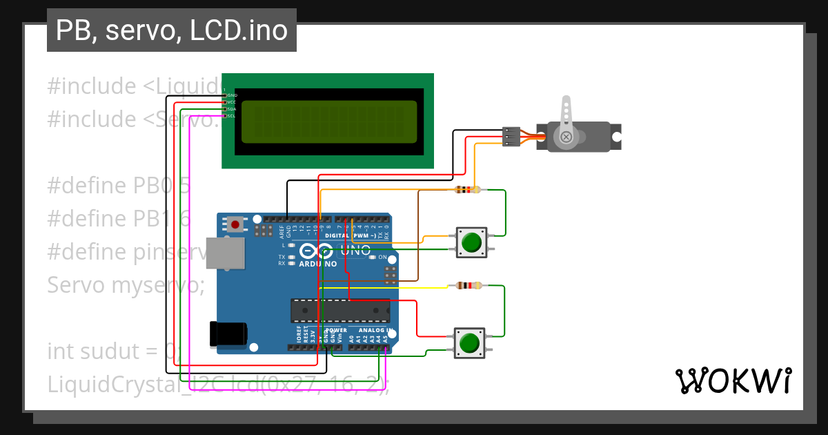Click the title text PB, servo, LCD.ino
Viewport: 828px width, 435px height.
pyautogui.click(x=171, y=30)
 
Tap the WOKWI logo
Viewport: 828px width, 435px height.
pyautogui.click(x=733, y=380)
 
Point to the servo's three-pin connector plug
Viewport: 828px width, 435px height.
pyautogui.click(x=511, y=136)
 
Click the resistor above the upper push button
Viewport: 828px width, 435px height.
pyautogui.click(x=467, y=190)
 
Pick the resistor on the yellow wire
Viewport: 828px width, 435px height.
pyautogui.click(x=468, y=285)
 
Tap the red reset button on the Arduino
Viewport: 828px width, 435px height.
pyautogui.click(x=236, y=224)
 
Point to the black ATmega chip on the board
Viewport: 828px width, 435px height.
pyautogui.click(x=339, y=311)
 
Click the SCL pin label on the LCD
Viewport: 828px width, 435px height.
pyautogui.click(x=231, y=116)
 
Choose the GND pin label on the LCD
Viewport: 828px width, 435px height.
pyautogui.click(x=232, y=95)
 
